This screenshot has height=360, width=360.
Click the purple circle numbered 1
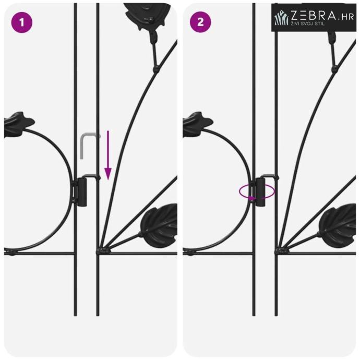point(22,22)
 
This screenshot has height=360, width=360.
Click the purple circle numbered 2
point(200,22)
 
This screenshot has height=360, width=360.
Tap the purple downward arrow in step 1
point(108,155)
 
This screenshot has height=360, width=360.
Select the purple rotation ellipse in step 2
point(257,191)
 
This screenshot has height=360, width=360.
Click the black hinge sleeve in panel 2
point(260,192)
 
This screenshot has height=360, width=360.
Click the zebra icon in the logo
point(281,17)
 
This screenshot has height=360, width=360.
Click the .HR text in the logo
point(346,17)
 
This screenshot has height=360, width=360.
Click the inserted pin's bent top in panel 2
point(269,176)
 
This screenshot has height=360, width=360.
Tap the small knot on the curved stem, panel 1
point(156,68)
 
